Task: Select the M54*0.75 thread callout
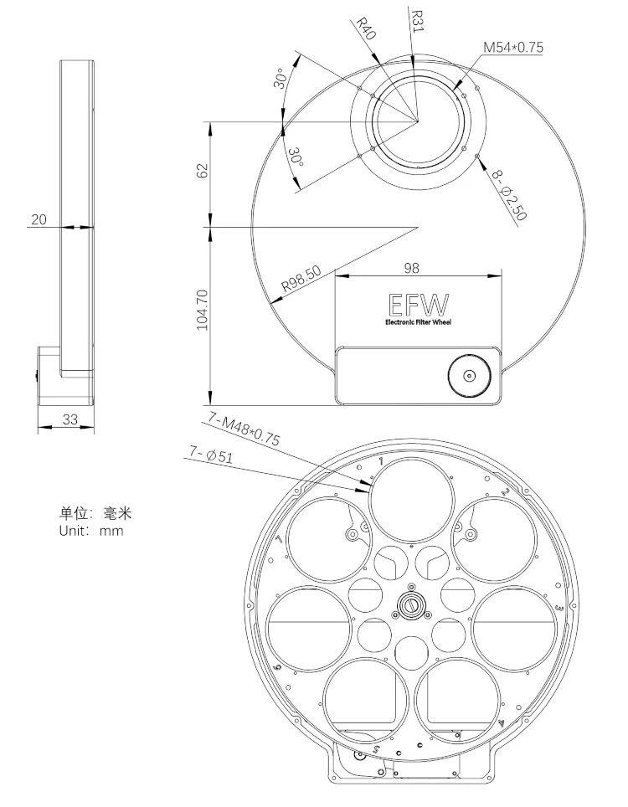tap(512, 48)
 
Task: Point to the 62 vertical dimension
tap(201, 172)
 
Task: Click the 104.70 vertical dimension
tap(202, 311)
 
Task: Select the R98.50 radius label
tap(301, 280)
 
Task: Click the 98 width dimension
tap(410, 269)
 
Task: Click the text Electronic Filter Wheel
tap(418, 323)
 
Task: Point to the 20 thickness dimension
tap(39, 220)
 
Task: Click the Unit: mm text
tap(91, 531)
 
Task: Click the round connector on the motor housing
tap(467, 376)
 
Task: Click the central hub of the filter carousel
tap(411, 604)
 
